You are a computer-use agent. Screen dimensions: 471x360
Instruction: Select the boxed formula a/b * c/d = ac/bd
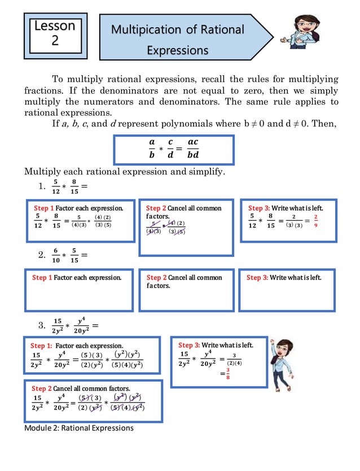174,149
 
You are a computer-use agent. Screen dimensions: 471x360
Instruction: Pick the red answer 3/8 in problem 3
228,374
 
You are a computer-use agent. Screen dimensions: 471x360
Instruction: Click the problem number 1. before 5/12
42,186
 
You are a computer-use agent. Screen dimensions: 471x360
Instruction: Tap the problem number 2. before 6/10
42,255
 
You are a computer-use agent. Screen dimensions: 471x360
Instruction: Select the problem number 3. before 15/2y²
42,325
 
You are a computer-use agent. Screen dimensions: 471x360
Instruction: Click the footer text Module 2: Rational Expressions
79,428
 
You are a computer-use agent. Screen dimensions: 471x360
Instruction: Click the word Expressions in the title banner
177,51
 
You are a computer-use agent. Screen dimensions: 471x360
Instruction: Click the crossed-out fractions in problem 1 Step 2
167,227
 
